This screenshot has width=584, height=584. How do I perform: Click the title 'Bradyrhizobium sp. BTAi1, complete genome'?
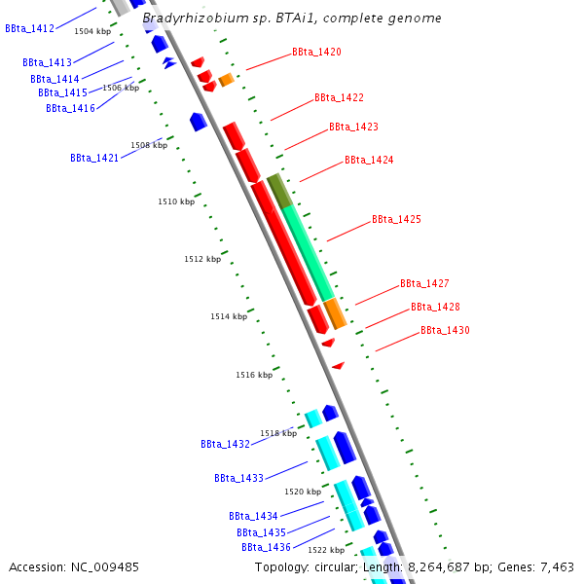click(291, 18)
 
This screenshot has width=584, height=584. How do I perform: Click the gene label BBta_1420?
click(316, 52)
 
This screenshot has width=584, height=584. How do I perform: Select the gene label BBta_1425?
click(396, 220)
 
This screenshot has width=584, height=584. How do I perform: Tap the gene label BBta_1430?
click(445, 331)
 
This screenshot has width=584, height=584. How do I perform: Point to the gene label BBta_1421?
click(94, 158)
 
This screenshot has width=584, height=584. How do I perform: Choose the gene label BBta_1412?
click(29, 29)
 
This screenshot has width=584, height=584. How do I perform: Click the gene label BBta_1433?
click(238, 479)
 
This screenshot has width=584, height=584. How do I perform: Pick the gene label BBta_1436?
click(266, 547)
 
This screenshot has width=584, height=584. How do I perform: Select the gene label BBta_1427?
click(424, 284)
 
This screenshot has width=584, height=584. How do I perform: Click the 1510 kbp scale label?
click(176, 201)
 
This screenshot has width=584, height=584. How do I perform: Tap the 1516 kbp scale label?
click(254, 375)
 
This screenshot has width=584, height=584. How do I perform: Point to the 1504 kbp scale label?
click(92, 32)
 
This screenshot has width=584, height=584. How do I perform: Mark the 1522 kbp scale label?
click(326, 550)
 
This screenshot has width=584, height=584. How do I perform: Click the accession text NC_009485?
click(74, 566)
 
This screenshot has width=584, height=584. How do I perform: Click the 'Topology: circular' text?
click(305, 566)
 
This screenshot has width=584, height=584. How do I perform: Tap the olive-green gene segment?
click(278, 191)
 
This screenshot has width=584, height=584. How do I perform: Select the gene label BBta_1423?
click(353, 128)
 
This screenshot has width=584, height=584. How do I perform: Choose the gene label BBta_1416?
click(70, 108)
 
